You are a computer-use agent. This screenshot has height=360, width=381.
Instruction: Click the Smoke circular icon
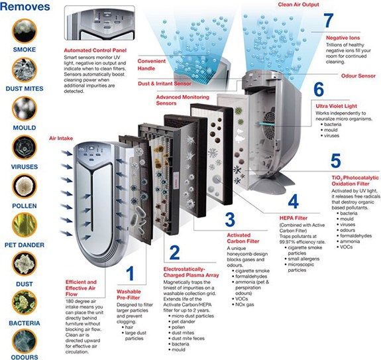coord(25,31)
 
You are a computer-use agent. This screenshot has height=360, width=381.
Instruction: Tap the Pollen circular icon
coord(25,186)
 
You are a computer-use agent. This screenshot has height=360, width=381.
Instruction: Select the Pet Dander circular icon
coord(25,225)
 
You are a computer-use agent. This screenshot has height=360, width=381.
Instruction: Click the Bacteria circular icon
coord(25,302)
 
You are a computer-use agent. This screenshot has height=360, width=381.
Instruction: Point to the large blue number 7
coord(328,21)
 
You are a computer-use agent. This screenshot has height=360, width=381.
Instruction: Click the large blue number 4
coord(294,201)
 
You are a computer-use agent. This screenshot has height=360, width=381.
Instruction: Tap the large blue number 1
coord(131,273)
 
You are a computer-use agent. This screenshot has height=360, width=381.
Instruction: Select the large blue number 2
coord(175,253)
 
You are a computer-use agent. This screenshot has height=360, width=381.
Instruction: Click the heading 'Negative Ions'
coord(343,38)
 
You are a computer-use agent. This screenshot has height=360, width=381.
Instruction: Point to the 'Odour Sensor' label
coord(358,76)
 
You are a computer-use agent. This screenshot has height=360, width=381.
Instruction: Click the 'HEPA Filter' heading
coord(294,218)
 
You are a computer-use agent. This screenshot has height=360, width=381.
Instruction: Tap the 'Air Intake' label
coord(61,139)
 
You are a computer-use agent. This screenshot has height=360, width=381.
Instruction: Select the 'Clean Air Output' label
coord(298,5)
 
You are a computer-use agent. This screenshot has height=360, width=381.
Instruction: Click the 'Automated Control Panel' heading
coord(95,50)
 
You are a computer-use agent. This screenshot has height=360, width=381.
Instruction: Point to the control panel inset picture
coord(99,23)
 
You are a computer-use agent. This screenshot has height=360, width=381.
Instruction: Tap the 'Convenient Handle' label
coord(151,65)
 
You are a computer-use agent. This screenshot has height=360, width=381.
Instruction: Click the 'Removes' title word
coord(25,7)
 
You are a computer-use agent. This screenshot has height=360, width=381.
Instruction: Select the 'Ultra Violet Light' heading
coord(336,106)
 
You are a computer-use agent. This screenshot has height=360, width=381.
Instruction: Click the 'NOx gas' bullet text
coord(245,304)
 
